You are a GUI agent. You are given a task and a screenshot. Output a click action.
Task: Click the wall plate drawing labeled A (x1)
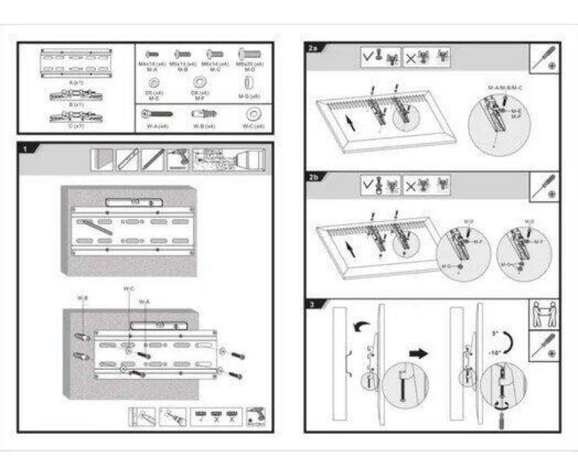pos(75,63)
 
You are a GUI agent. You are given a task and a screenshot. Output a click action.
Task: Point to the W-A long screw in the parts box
pos(157,114)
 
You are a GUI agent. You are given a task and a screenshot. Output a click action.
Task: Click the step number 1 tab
pos(25,148)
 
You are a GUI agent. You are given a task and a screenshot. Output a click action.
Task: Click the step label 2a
pos(313,48)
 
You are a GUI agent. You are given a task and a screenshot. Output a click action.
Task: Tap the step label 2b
pos(313,177)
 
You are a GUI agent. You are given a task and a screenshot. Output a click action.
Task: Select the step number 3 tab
pos(311,305)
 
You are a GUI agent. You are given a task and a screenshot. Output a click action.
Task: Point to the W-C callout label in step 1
pos(128,288)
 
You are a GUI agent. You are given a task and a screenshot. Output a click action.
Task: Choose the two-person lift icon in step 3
pos(544,314)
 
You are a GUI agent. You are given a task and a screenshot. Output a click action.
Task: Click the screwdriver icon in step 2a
pos(546,58)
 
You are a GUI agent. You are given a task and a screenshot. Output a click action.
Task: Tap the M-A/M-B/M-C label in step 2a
pos(506,88)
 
